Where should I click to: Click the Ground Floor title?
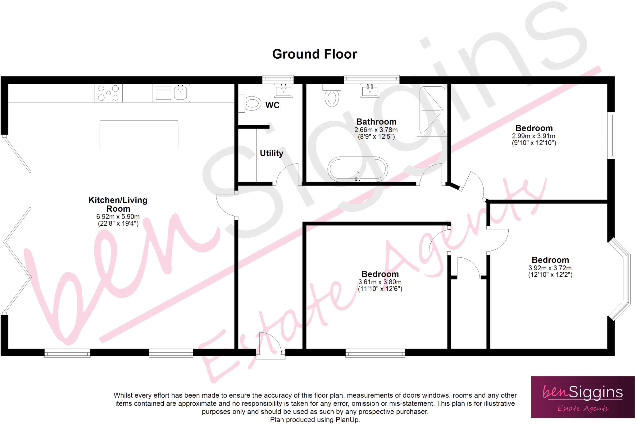click(315, 54)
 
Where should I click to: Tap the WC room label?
click(272, 105)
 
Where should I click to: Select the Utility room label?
click(271, 153)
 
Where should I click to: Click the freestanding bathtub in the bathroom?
click(358, 169)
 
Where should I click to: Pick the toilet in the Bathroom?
click(332, 96)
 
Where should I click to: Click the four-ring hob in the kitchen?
click(108, 93)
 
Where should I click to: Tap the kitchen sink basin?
click(180, 92)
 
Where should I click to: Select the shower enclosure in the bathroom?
click(432, 111)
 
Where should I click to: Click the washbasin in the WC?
click(284, 91)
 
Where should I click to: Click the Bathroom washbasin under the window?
click(370, 91)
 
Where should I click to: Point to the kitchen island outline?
click(139, 121)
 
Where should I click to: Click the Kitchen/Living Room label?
click(118, 204)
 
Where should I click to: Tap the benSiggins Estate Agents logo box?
click(583, 397)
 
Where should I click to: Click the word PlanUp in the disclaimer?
click(347, 420)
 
